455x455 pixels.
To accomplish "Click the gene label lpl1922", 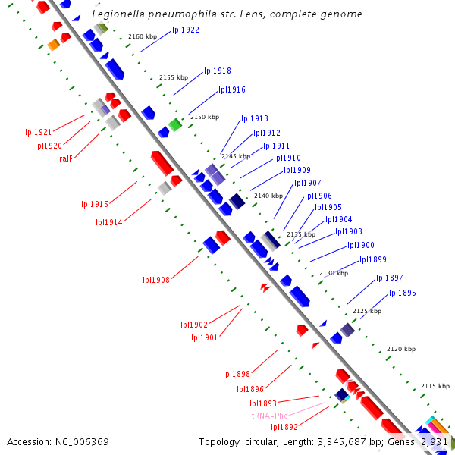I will (186, 30).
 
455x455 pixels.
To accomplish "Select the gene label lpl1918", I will (218, 71).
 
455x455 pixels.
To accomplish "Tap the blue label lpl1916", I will (232, 90).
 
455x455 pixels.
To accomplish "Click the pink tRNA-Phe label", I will (270, 416).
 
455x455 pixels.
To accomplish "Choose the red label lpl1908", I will (156, 280).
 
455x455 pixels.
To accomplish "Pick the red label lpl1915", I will (95, 204).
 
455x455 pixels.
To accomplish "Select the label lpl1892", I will (263, 428).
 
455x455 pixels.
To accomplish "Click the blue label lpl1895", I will (403, 293).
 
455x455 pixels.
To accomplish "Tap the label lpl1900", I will (361, 245).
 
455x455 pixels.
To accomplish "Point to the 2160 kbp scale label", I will (142, 36).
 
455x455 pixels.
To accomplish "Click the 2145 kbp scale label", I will (235, 156).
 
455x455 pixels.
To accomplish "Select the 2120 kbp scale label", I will (401, 349).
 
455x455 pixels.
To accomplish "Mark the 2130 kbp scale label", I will (334, 273).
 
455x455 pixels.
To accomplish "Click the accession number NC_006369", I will (58, 441).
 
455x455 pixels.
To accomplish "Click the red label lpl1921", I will (39, 132).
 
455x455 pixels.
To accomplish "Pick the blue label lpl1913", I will (255, 119).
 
